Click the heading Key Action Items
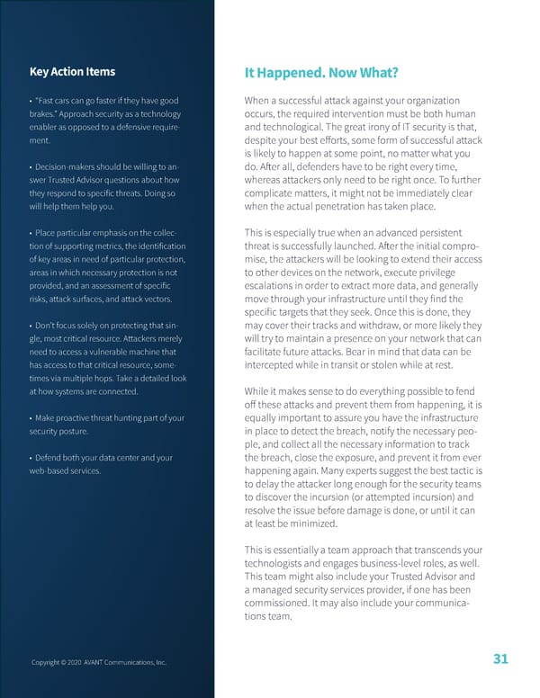(71, 73)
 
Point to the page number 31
(501, 659)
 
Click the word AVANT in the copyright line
(94, 662)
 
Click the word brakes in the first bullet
(43, 113)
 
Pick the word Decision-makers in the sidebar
(66, 167)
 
